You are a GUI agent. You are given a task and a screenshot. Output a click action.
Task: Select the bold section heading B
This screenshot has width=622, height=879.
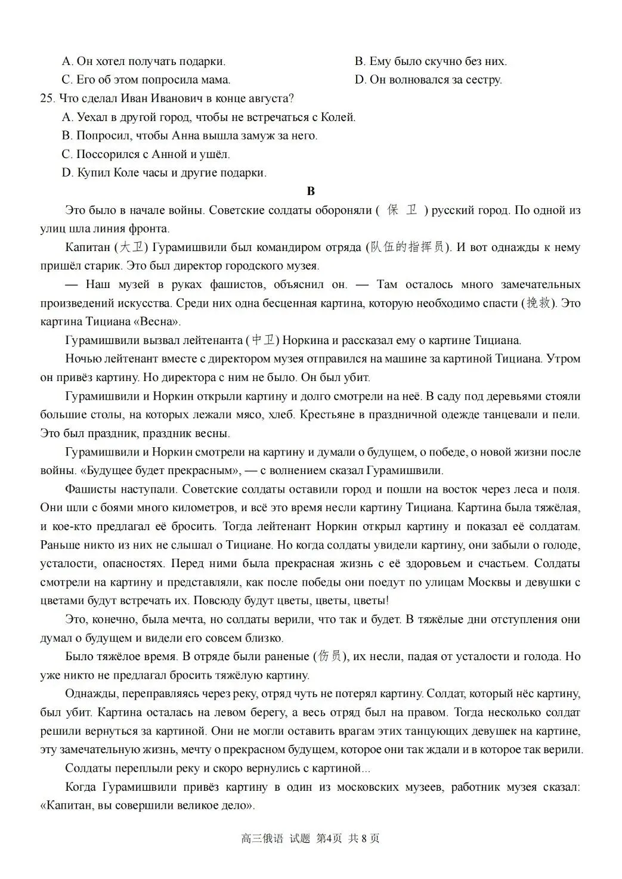coord(310,191)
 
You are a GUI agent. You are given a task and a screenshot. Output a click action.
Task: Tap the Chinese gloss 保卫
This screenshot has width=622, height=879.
coord(403,211)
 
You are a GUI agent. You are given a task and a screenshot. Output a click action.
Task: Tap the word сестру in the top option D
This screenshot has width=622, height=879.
coord(483,79)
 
